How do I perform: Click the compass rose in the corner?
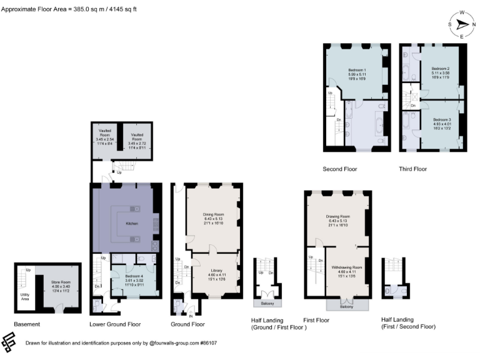click(461, 24)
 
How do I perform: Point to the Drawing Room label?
click(337, 216)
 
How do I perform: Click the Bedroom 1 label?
click(357, 69)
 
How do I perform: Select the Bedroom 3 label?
click(441, 119)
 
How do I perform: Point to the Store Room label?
click(61, 282)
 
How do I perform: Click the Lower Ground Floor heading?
click(115, 324)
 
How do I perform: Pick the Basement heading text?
click(27, 324)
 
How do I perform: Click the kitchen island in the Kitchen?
click(132, 224)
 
